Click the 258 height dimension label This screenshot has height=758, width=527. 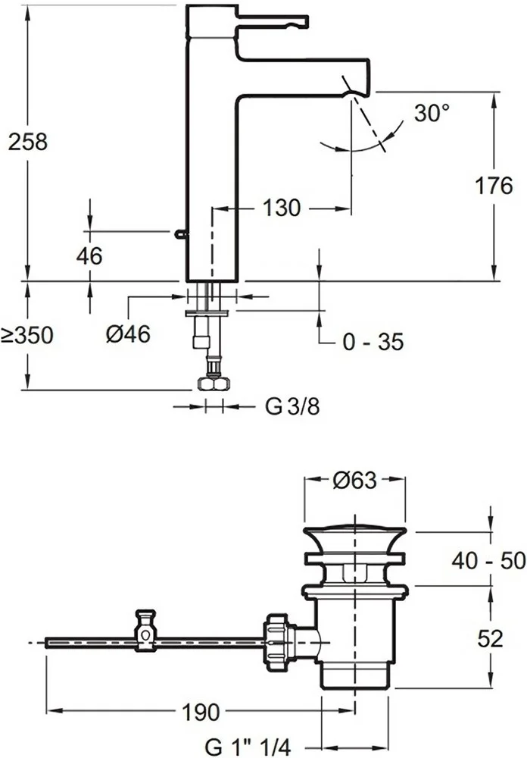pyautogui.click(x=27, y=141)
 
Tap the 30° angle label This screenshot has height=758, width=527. pyautogui.click(x=431, y=113)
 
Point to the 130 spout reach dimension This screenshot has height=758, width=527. pyautogui.click(x=282, y=208)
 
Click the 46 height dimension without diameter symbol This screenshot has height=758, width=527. pyautogui.click(x=89, y=256)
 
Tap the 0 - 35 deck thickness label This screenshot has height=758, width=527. pyautogui.click(x=373, y=342)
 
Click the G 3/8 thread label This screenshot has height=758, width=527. pyautogui.click(x=292, y=407)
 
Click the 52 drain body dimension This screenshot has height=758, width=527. pyautogui.click(x=491, y=638)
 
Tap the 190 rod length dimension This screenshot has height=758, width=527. pyautogui.click(x=201, y=713)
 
